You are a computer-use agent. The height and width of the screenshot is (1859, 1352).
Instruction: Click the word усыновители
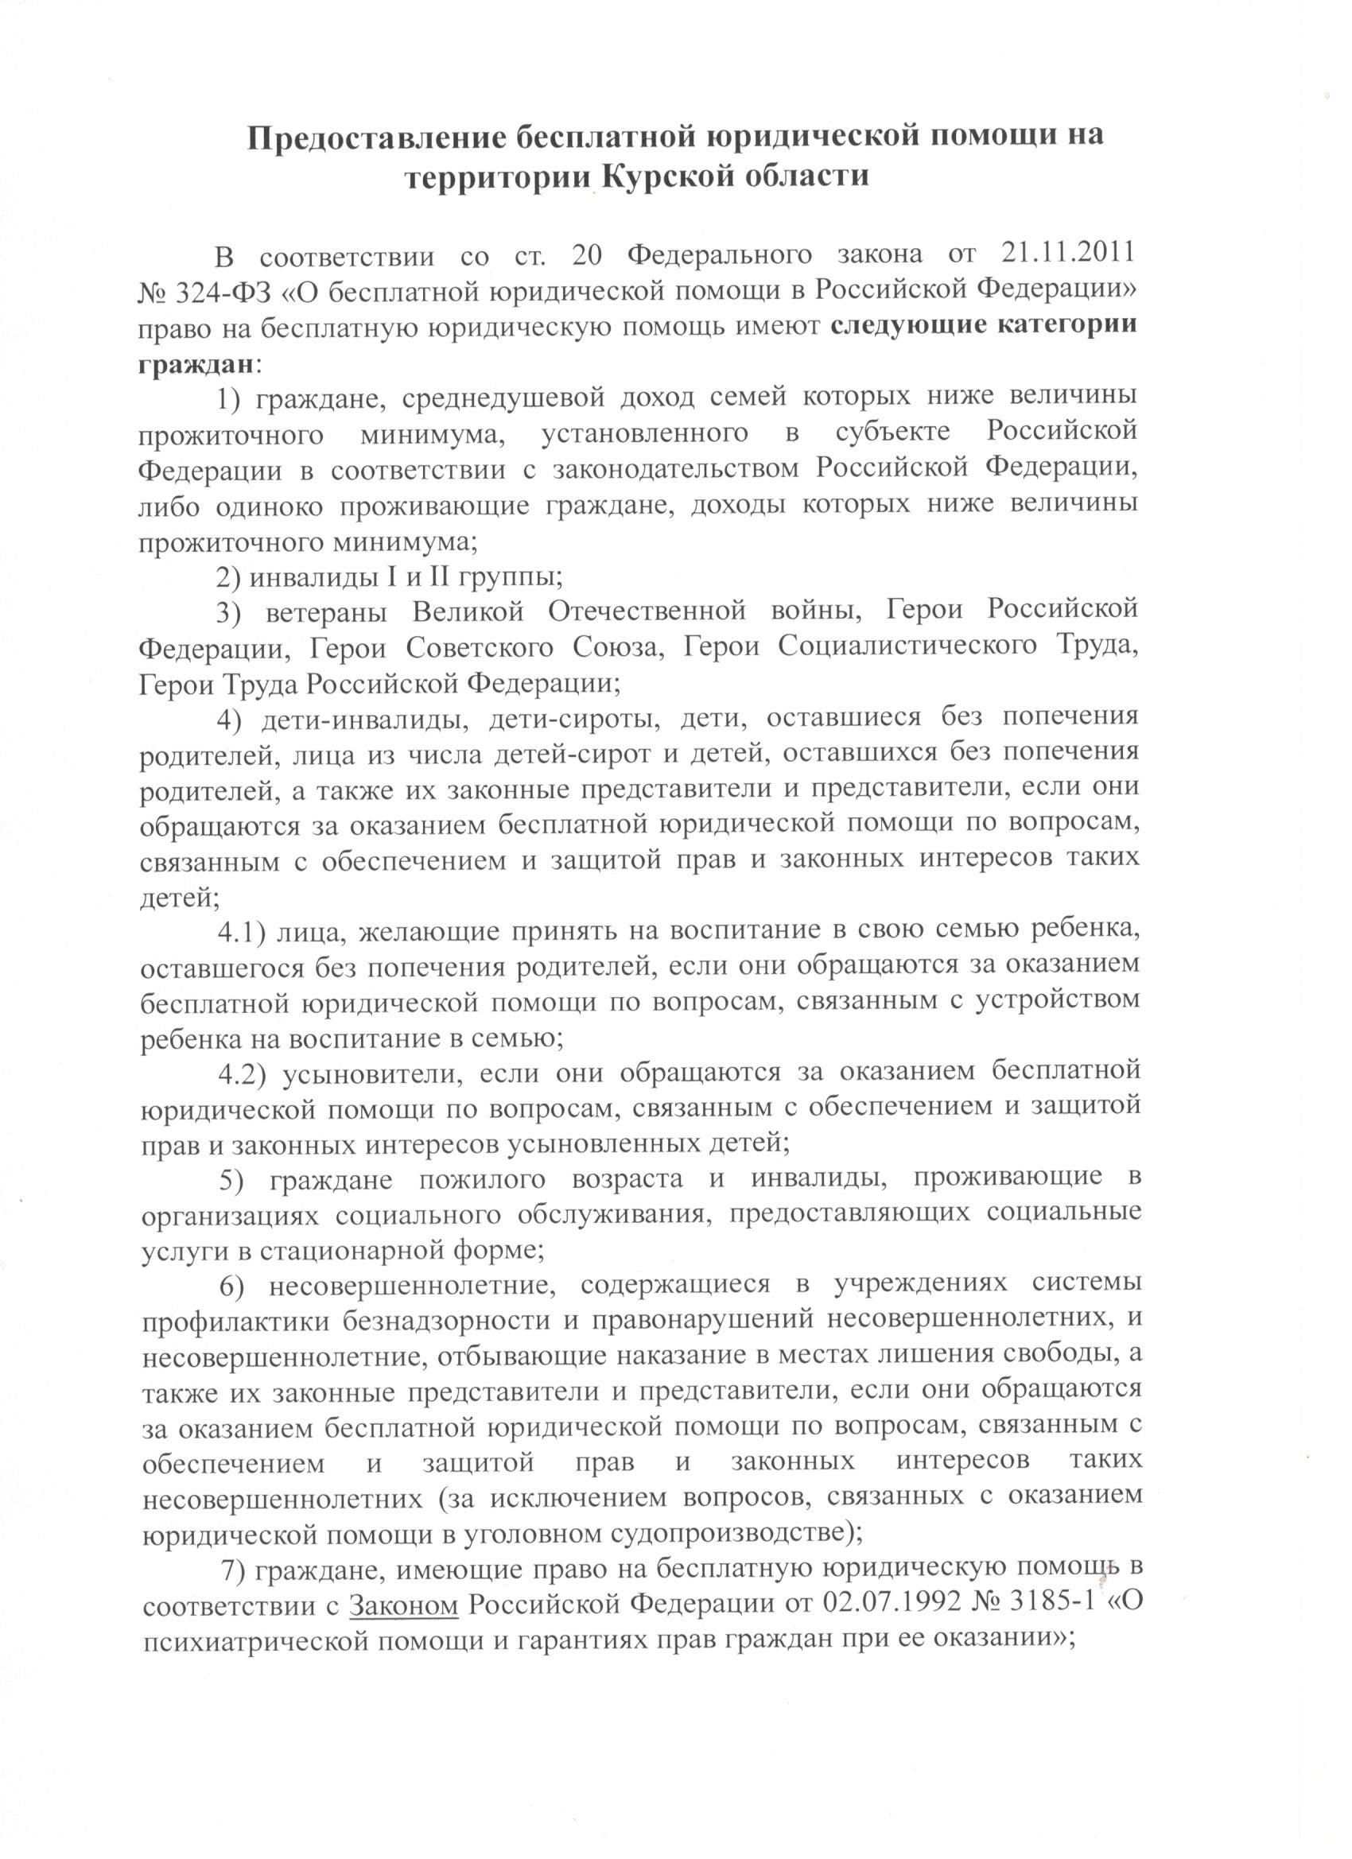[373, 1073]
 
